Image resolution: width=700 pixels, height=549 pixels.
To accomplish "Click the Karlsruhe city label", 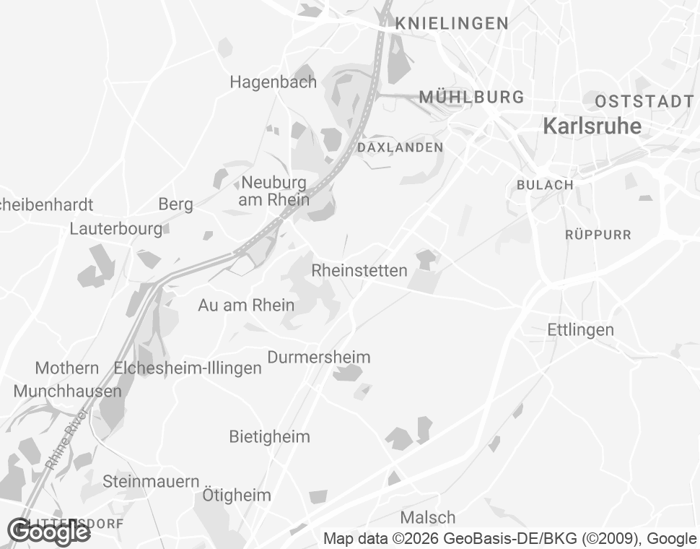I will coord(592,126).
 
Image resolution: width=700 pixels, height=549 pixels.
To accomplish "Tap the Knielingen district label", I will coord(452,24).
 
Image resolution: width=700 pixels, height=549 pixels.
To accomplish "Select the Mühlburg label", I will coord(471,97).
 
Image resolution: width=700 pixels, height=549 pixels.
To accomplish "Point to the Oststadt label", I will coord(644,101).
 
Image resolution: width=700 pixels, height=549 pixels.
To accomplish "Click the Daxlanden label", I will coord(401,147).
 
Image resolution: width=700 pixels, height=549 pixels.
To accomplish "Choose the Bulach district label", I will coord(545,185).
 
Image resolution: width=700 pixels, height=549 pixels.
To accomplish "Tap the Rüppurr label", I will coord(598,235).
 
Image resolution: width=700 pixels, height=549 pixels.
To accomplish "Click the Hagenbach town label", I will coord(273,82).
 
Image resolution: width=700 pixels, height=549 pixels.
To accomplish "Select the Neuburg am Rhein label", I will coord(274,191).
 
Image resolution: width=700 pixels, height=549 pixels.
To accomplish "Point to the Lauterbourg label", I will coord(116,229).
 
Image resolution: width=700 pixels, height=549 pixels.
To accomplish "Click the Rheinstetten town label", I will coord(359,271).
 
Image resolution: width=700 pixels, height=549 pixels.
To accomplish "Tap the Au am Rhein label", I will coord(246,306).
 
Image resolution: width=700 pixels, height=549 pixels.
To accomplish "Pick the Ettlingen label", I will coord(580,330).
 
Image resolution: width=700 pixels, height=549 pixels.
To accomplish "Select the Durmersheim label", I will coord(318,358).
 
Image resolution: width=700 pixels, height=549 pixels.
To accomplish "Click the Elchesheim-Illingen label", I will coord(188,368).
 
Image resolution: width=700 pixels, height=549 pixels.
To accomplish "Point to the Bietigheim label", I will coord(269,437).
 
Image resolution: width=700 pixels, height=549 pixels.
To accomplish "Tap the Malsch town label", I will coord(427,518).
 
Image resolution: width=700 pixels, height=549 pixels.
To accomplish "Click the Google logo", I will coord(48,532).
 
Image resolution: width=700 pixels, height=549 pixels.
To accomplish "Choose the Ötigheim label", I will coord(236,496).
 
